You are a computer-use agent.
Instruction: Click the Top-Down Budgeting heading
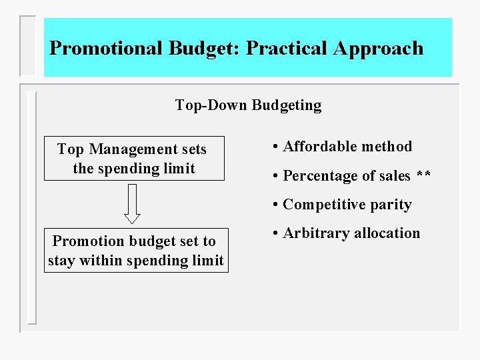tap(248, 105)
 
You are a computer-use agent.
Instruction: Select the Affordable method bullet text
tap(347, 147)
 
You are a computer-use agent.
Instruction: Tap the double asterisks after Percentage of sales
tap(423, 176)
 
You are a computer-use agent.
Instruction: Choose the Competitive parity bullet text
tap(347, 205)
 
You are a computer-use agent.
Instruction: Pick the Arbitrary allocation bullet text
tap(351, 233)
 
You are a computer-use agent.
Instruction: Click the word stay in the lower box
tap(61, 260)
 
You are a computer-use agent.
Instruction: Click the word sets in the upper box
tap(194, 149)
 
